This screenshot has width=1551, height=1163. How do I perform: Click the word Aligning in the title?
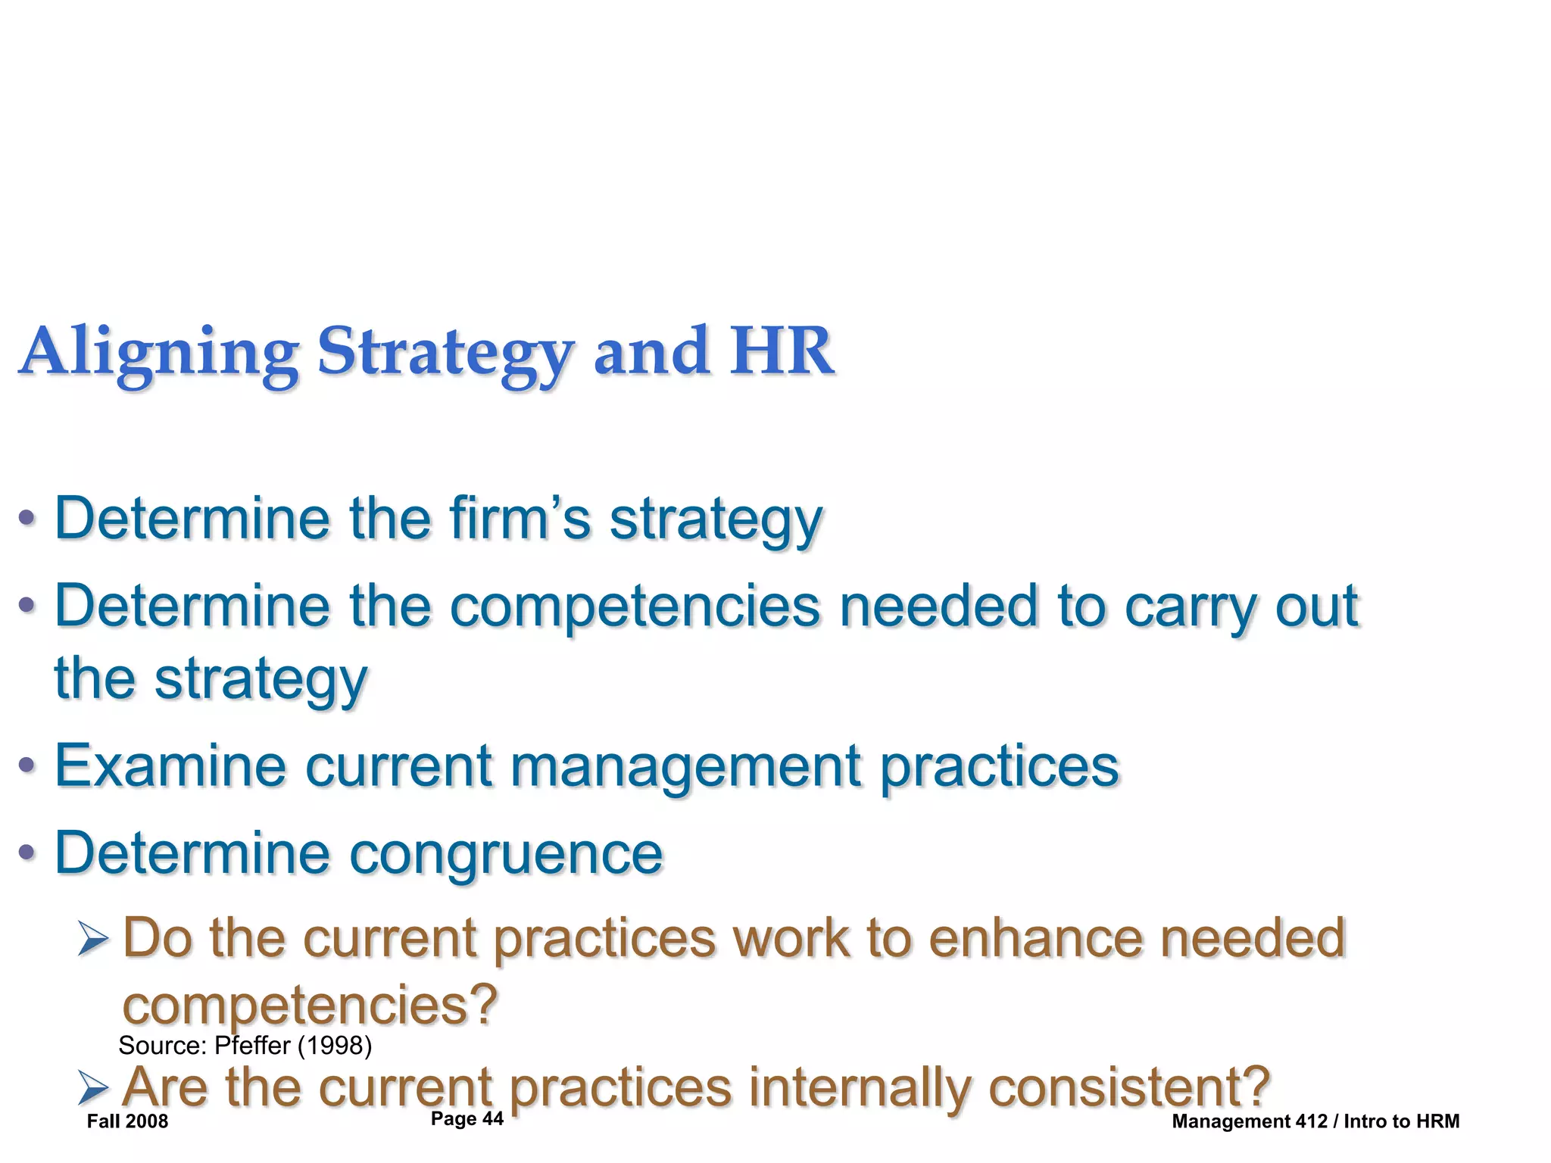pos(159,352)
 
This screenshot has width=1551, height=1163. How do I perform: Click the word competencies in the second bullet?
pos(635,607)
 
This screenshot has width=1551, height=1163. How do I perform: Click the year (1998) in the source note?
pos(334,1046)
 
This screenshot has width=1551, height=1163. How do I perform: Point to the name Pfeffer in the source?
pos(252,1046)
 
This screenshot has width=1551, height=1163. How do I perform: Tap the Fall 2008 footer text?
pos(127,1121)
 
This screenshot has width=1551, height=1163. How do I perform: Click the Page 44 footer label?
pos(467,1119)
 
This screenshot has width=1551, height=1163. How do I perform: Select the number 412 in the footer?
pos(1312,1121)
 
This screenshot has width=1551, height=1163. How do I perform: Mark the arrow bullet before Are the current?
pos(93,1090)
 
